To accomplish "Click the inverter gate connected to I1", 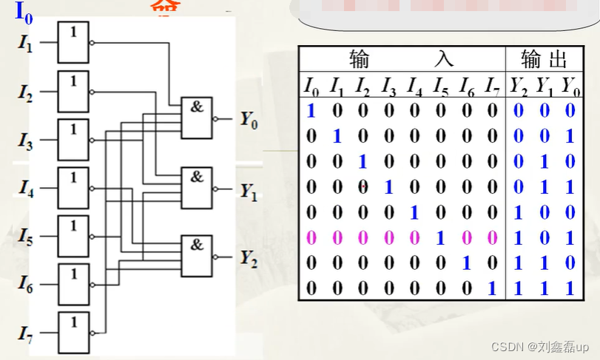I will (x=73, y=43).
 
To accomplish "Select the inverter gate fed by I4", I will (x=73, y=188).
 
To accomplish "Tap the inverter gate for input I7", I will (x=73, y=332).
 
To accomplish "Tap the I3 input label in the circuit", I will (x=25, y=140).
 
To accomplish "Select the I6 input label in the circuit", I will (x=25, y=285).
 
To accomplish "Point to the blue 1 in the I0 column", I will (x=311, y=111).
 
